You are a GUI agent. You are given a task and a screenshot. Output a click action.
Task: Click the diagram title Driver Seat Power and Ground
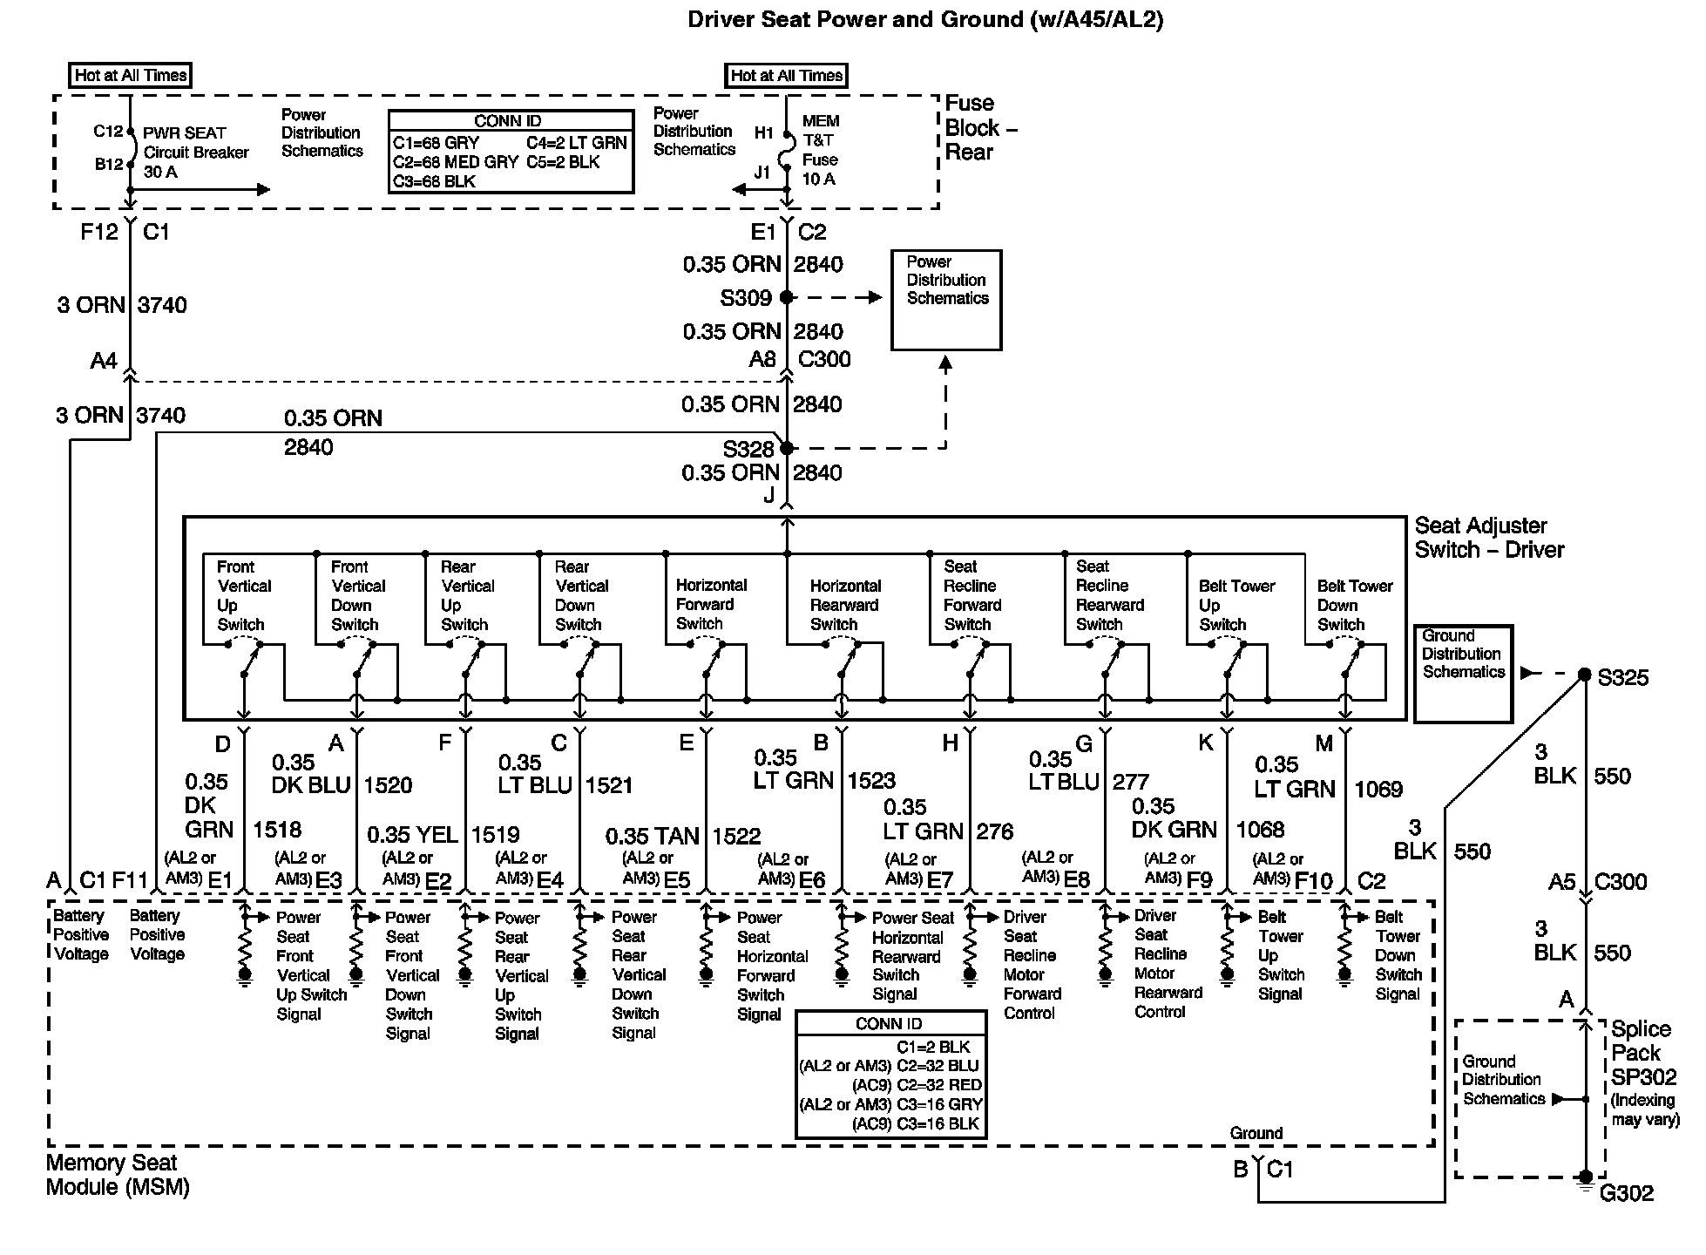click(x=924, y=19)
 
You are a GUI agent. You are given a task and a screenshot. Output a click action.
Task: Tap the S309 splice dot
click(x=787, y=297)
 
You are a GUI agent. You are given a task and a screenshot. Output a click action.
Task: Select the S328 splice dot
click(x=787, y=448)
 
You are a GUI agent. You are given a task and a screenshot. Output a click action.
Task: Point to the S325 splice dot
click(x=1585, y=675)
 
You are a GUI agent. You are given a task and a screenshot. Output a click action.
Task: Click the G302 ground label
click(x=1626, y=1193)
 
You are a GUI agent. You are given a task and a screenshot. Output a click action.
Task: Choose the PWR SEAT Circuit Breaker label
click(x=195, y=153)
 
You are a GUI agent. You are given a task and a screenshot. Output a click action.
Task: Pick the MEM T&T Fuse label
click(x=820, y=150)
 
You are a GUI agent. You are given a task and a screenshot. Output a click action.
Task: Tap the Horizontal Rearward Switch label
click(x=844, y=605)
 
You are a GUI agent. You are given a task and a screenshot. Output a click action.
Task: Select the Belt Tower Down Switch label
click(x=1354, y=605)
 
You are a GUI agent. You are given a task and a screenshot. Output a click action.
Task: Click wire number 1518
click(x=277, y=830)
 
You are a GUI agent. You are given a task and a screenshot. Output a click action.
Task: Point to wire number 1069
click(x=1378, y=790)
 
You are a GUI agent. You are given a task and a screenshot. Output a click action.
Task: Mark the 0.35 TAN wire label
click(x=652, y=837)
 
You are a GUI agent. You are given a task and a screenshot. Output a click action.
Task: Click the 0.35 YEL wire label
click(x=412, y=835)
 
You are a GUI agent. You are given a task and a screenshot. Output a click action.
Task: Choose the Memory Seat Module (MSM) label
click(x=117, y=1175)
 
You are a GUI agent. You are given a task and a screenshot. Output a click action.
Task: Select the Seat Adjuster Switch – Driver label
click(x=1488, y=538)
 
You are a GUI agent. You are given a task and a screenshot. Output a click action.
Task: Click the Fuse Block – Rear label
click(x=980, y=127)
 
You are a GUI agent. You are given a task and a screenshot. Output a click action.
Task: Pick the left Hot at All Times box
click(x=130, y=75)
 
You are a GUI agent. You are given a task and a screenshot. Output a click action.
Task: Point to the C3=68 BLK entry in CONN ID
click(x=434, y=181)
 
